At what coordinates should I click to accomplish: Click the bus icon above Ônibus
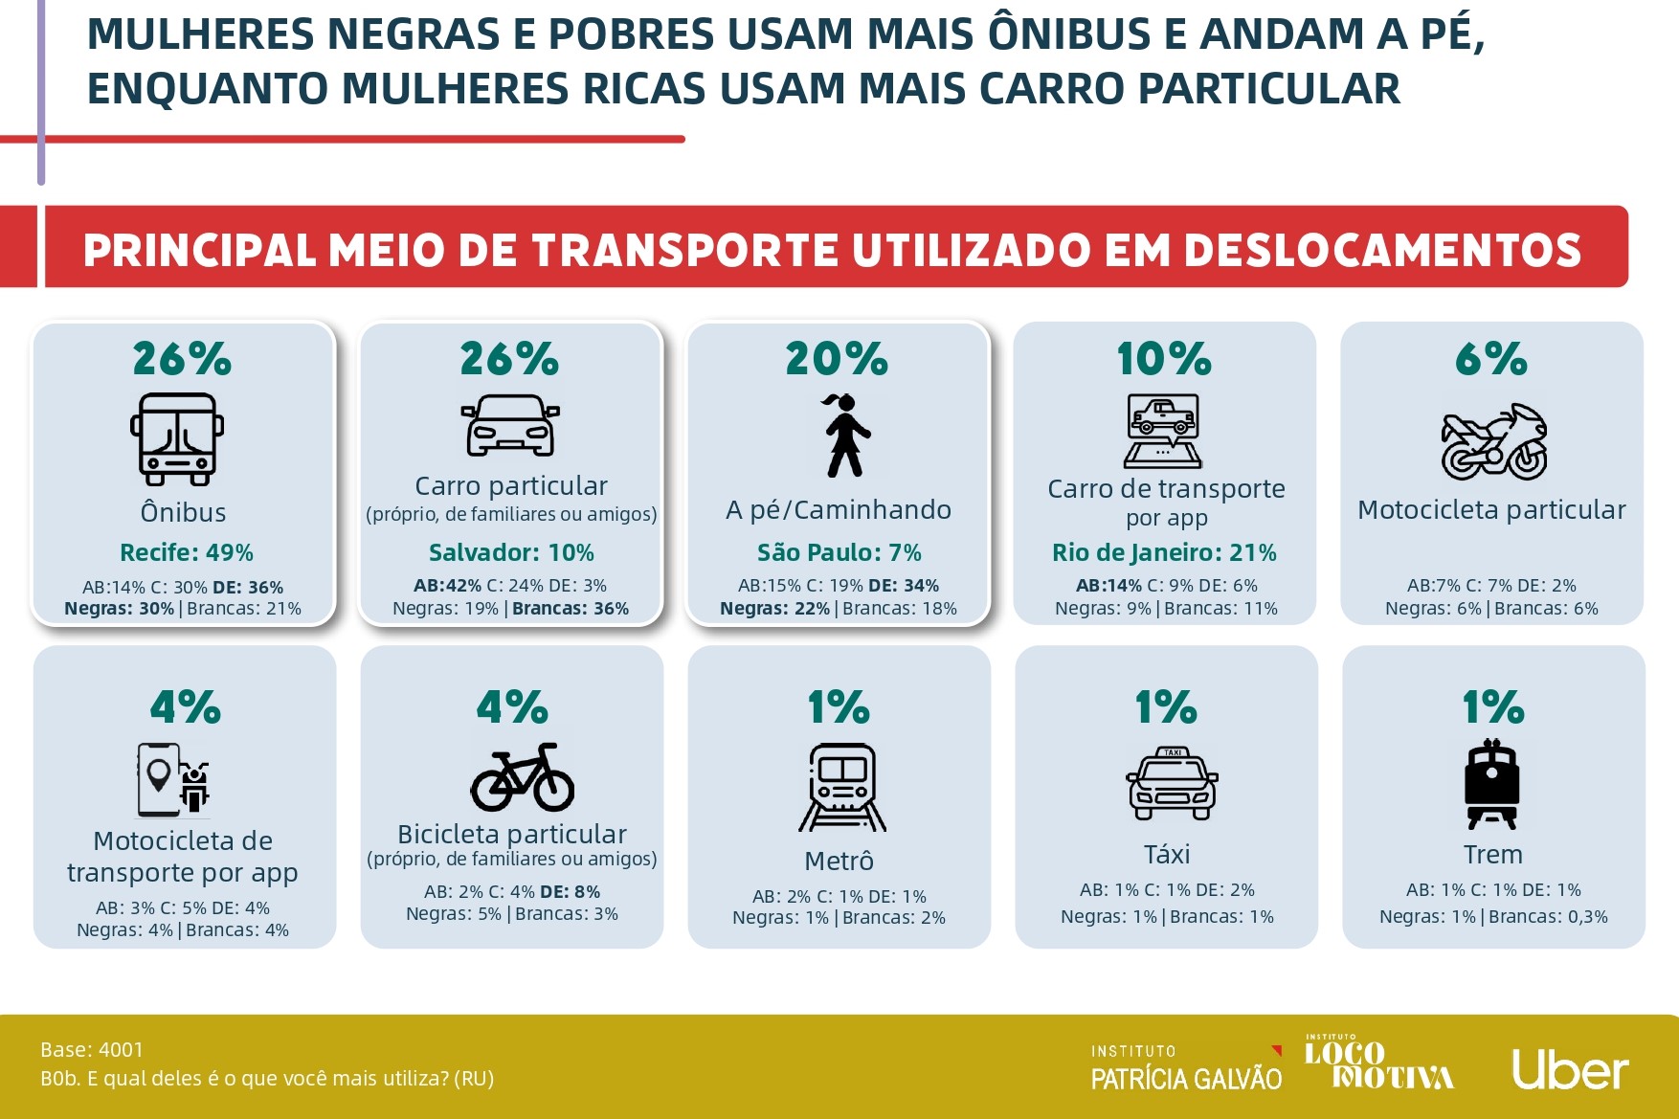pos(177,438)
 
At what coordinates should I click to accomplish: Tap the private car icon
pos(510,426)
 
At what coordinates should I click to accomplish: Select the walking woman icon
pos(843,436)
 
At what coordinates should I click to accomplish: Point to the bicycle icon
pos(523,777)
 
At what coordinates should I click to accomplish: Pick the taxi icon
pos(1172,784)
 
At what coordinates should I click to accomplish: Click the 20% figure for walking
pos(837,360)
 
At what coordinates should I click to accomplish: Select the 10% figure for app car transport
pos(1164,360)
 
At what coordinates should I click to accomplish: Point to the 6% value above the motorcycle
pos(1491,360)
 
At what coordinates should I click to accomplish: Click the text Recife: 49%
pos(187,552)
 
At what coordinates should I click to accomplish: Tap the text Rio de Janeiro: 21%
pos(1164,552)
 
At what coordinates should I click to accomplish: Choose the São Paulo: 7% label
pos(839,552)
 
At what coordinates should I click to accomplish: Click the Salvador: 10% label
pos(511,552)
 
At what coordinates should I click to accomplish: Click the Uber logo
pos(1570,1069)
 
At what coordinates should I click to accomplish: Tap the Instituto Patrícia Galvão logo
pos(1186,1067)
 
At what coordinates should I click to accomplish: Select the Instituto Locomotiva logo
pos(1378,1063)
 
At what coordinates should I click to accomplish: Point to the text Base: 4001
pos(92,1050)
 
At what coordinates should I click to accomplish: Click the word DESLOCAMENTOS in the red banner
pos(1382,251)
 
